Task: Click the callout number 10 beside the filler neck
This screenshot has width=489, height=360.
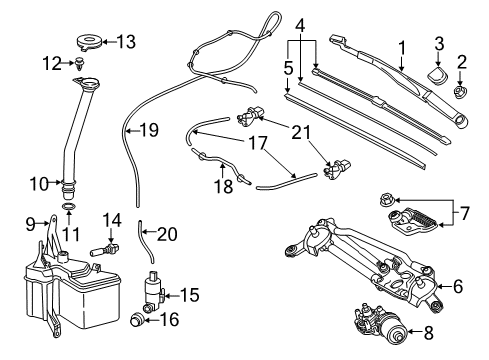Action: point(38,183)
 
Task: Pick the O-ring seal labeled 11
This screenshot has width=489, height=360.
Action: point(69,208)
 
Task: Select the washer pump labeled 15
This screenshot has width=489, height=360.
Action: point(153,289)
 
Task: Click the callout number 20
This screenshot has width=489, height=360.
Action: point(167,234)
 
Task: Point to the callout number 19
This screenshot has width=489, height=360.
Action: point(149,129)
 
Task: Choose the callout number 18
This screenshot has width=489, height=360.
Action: point(226,186)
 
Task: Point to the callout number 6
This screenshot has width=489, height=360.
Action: point(458,286)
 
